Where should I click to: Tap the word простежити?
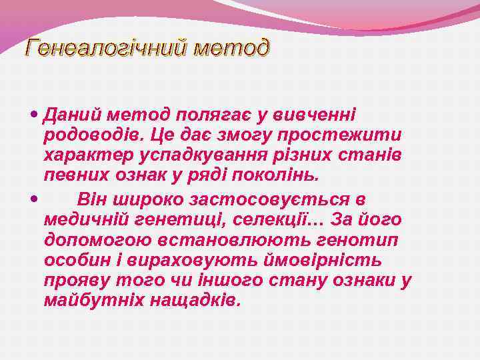(x=340, y=136)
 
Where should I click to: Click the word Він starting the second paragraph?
(x=91, y=199)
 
